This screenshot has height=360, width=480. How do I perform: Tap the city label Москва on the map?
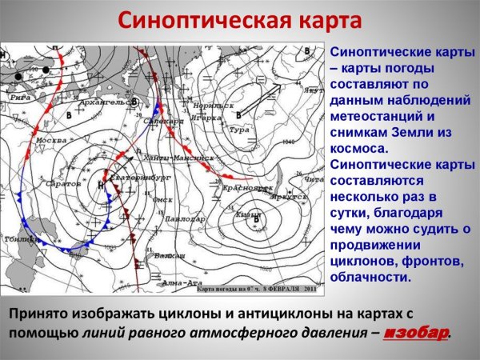[51, 141]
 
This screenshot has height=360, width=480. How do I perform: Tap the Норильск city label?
[218, 106]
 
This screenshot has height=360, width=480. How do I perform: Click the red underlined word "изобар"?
[415, 333]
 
